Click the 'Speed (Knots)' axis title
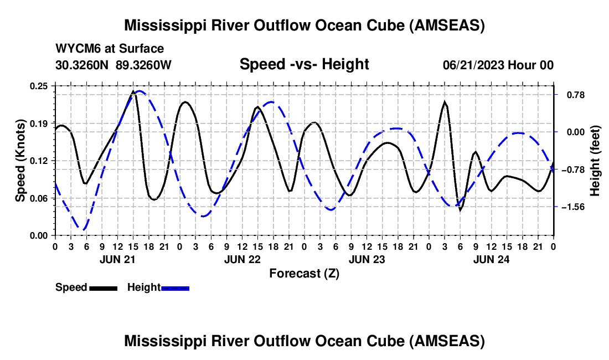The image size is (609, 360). (20, 161)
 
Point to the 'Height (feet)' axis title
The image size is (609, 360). (595, 161)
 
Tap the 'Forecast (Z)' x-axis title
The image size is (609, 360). (304, 274)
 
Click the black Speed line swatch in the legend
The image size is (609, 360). (104, 288)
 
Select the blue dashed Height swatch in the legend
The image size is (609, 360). (175, 288)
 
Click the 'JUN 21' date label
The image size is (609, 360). (117, 259)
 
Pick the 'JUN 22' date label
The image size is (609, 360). (242, 259)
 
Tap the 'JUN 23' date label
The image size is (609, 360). (367, 259)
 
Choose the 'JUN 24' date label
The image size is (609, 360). (491, 259)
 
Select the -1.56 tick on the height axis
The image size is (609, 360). (573, 207)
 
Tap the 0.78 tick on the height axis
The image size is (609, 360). (576, 95)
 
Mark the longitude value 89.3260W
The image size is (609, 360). (143, 65)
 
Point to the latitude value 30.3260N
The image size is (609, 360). (82, 65)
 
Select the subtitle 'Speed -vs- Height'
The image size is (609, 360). (304, 64)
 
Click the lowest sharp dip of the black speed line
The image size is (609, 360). (461, 210)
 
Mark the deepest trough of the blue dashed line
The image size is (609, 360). (83, 229)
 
